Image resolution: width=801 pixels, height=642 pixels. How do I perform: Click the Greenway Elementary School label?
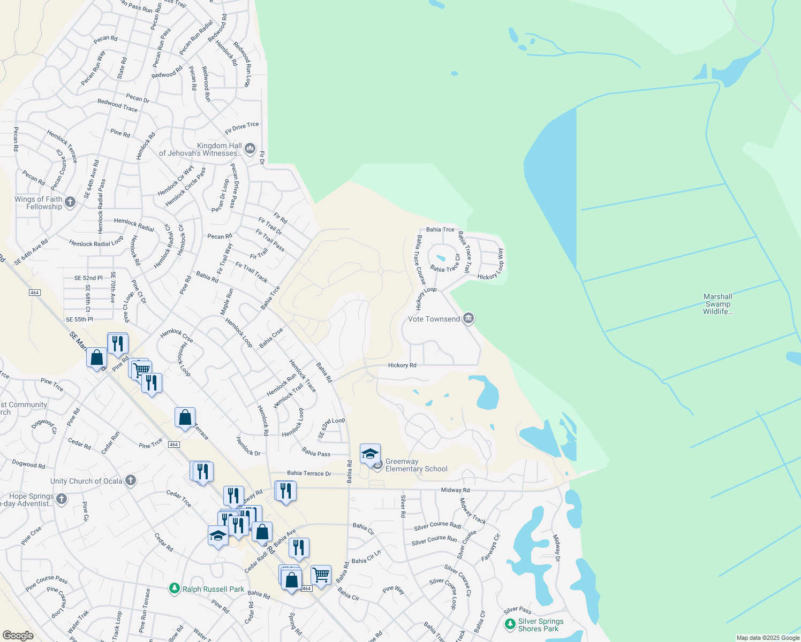(416, 465)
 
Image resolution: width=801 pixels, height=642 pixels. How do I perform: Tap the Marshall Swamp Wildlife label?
(717, 304)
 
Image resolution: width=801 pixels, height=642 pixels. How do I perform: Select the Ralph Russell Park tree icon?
(174, 588)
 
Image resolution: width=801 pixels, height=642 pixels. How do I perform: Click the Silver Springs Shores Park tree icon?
(510, 624)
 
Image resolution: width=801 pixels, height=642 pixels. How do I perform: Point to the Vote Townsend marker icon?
(468, 319)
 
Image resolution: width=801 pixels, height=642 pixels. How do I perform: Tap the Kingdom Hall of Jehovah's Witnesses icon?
(250, 148)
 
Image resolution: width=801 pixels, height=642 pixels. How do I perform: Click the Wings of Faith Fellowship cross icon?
(70, 202)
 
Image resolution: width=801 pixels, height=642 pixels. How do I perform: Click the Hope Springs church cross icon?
(62, 499)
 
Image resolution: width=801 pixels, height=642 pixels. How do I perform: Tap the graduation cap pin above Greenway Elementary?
(370, 454)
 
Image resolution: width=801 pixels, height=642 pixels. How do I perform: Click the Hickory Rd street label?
(402, 365)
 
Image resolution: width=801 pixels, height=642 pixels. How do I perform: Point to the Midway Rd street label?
(455, 490)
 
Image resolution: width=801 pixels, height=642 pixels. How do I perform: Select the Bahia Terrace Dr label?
(309, 473)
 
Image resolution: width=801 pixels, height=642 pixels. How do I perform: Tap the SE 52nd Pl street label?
(88, 278)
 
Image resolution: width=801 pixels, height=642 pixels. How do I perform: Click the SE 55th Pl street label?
(79, 319)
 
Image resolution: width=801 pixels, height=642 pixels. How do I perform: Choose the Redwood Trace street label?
(117, 105)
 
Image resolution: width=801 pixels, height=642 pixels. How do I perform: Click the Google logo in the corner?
(18, 635)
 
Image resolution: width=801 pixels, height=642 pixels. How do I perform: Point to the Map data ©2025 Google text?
(768, 638)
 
